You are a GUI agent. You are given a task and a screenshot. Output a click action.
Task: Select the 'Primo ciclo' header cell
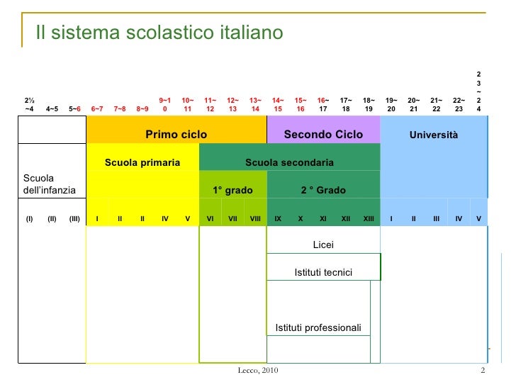[176, 134]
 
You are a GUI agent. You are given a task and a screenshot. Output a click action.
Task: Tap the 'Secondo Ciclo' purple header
[323, 134]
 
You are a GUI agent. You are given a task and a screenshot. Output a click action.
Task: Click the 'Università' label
[434, 135]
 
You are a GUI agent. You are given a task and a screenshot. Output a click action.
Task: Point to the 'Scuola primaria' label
[142, 163]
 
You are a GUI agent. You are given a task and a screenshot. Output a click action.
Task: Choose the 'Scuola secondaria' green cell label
[289, 163]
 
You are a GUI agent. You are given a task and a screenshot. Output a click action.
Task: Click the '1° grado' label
[232, 190]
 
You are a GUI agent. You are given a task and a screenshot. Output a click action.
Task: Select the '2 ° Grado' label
[323, 190]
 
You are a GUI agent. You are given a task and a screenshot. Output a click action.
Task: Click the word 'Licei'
[323, 245]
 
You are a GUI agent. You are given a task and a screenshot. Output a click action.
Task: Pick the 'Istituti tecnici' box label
[323, 273]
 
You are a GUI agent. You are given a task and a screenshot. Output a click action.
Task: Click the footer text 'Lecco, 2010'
[258, 372]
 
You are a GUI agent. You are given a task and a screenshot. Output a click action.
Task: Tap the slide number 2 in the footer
[482, 372]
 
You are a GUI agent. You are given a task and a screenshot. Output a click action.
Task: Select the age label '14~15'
[278, 105]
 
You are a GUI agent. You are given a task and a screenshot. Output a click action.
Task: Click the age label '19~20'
[391, 105]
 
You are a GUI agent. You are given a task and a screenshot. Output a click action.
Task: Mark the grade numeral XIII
[369, 218]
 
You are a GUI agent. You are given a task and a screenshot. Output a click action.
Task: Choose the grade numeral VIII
[255, 218]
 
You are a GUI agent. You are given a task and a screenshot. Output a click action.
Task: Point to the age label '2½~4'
[30, 105]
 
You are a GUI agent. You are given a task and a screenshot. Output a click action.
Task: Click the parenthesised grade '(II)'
[52, 218]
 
